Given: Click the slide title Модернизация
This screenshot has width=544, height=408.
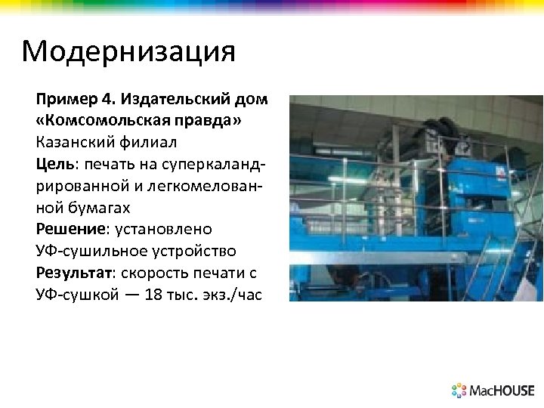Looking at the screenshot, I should (x=128, y=52).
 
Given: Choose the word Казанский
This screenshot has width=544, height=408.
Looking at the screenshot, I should (x=74, y=142).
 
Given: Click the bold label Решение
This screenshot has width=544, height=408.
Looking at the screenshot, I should (x=69, y=229).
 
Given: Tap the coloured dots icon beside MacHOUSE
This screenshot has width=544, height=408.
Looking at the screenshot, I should (x=459, y=391).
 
